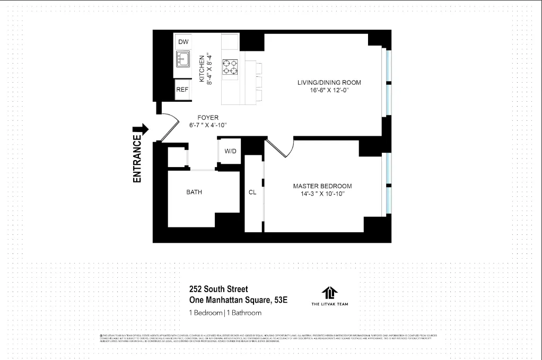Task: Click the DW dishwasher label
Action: [183, 42]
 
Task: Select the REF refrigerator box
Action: [182, 90]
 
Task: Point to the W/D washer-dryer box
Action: [230, 151]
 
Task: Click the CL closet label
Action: [252, 192]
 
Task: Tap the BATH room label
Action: [194, 192]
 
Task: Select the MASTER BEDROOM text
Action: [322, 186]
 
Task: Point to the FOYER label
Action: [208, 118]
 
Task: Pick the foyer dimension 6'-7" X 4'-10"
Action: [207, 126]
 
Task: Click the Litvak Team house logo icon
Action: [329, 292]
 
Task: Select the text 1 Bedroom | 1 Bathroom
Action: [225, 313]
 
